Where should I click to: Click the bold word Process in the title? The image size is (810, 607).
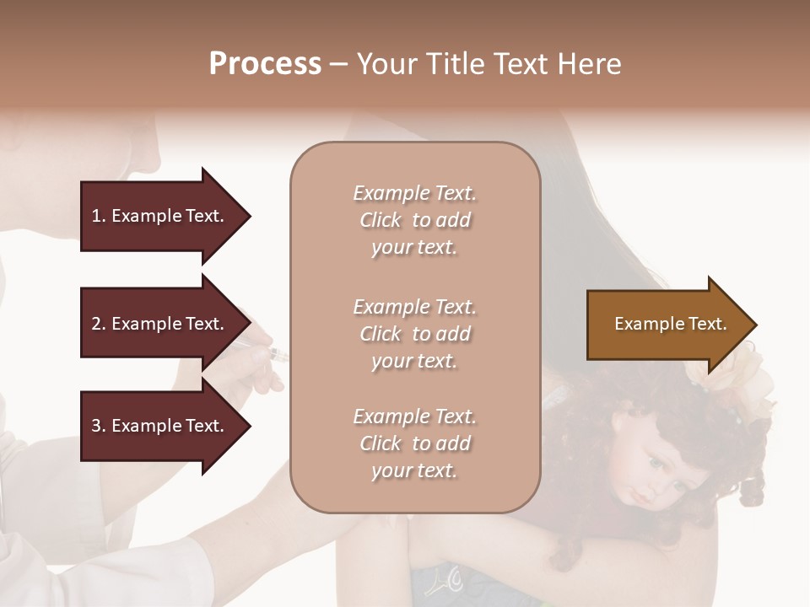pyautogui.click(x=265, y=64)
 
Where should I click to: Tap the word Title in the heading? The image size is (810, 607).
pyautogui.click(x=464, y=64)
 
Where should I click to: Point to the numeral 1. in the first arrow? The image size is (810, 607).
pyautogui.click(x=99, y=216)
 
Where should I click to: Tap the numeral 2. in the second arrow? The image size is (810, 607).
pyautogui.click(x=99, y=324)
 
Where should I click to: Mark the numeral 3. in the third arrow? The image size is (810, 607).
pyautogui.click(x=99, y=426)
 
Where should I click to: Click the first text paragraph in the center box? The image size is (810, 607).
pyautogui.click(x=414, y=220)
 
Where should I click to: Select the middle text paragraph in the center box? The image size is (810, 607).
pyautogui.click(x=414, y=334)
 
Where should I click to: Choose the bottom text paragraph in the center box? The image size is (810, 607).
pyautogui.click(x=414, y=443)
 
